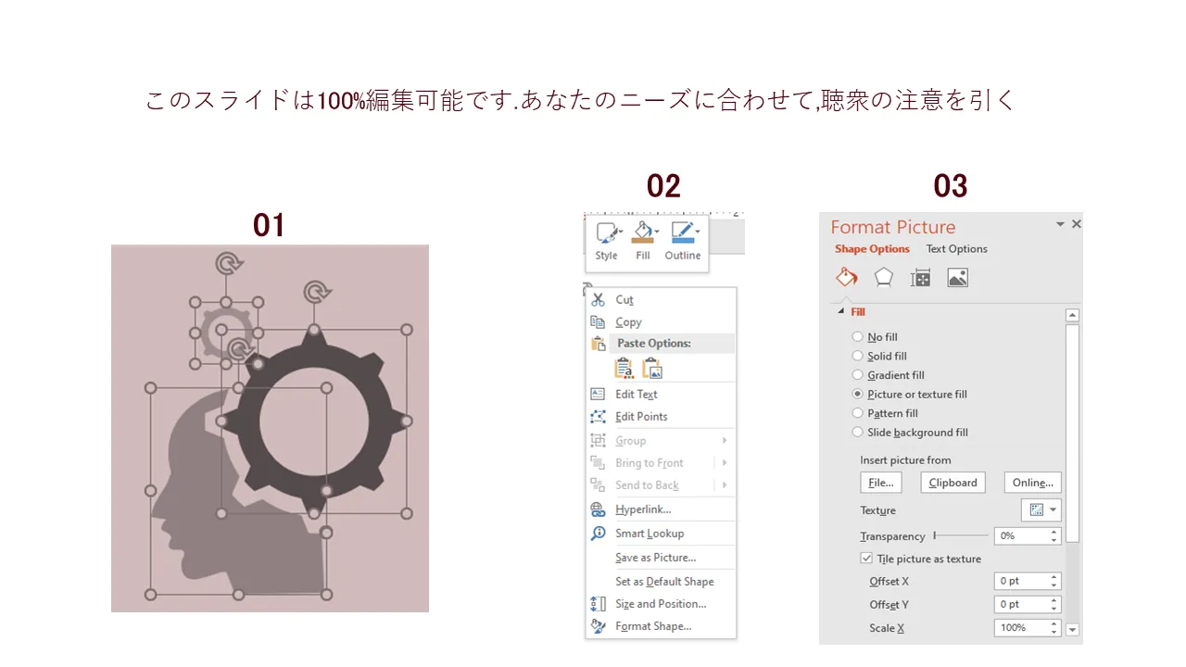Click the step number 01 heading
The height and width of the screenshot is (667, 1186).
click(269, 225)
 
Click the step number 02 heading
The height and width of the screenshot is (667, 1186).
click(663, 186)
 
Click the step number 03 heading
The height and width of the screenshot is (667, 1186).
click(951, 186)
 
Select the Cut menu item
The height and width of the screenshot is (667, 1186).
click(625, 300)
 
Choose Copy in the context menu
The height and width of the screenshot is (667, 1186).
click(628, 322)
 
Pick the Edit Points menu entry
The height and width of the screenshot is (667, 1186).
click(641, 417)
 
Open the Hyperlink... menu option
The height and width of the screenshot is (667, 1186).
click(643, 510)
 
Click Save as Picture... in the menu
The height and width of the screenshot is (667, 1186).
click(655, 558)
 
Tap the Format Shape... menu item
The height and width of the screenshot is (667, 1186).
click(653, 626)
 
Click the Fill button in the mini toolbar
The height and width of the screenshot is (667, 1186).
click(643, 241)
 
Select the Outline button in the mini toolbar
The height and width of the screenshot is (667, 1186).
click(683, 241)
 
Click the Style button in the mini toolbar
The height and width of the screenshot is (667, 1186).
click(607, 241)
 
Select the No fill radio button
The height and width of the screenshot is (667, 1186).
click(858, 337)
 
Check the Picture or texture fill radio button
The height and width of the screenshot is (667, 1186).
click(858, 395)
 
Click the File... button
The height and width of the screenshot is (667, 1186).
click(880, 483)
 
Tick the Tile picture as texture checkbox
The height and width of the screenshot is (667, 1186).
click(867, 559)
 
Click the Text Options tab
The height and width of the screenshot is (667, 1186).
click(956, 249)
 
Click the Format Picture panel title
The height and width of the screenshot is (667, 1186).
click(892, 227)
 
